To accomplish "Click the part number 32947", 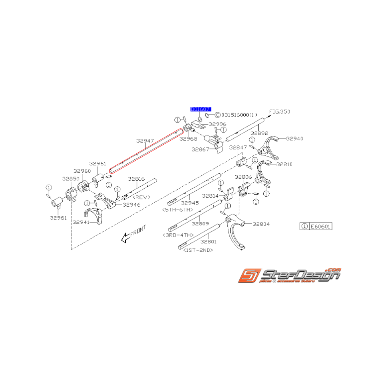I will click(145, 141).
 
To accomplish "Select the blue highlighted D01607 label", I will click(200, 109).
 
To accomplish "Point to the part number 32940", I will click(294, 139).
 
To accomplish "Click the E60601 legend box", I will click(316, 227).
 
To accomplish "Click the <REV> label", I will click(141, 197).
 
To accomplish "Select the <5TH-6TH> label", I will click(178, 209).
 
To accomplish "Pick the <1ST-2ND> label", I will click(198, 250).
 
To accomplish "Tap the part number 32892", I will click(260, 133).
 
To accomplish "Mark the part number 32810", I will click(284, 164).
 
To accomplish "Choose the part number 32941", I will click(81, 221).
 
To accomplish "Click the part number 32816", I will click(136, 179).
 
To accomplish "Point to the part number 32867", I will click(200, 149).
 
